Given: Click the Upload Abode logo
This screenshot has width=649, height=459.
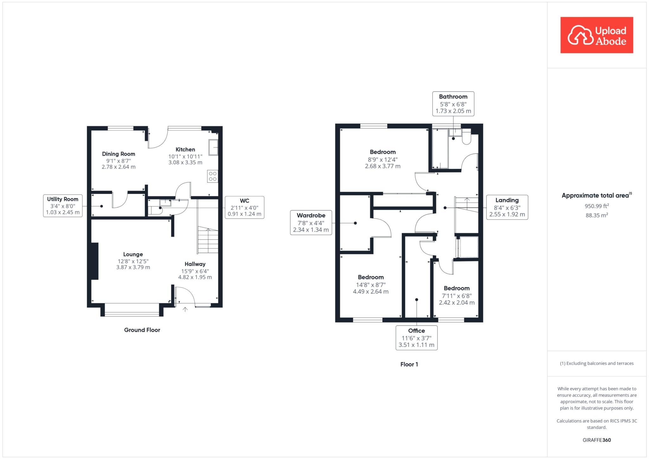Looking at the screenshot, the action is (x=597, y=35).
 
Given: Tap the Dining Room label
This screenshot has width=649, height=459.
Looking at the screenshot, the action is (x=119, y=154).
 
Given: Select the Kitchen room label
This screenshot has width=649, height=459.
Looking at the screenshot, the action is (x=185, y=150).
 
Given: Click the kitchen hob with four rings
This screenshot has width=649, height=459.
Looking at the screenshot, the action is (x=213, y=176).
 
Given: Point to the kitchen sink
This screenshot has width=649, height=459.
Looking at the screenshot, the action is (x=213, y=147).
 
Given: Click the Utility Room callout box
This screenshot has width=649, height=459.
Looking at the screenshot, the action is (x=63, y=206).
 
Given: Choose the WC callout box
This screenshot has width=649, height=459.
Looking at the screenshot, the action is (x=244, y=207).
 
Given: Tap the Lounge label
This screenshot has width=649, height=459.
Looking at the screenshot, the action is (x=133, y=254).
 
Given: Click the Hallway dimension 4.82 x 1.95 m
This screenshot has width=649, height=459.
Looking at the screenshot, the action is (x=195, y=277).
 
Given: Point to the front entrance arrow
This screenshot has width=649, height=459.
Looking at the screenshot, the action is (x=185, y=309).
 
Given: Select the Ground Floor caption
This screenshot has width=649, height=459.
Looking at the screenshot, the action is (x=142, y=330).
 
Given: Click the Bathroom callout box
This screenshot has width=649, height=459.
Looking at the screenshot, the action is (x=453, y=104).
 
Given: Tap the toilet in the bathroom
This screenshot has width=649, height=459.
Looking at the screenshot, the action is (x=466, y=138).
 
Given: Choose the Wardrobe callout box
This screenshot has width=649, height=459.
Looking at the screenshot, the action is (x=311, y=223).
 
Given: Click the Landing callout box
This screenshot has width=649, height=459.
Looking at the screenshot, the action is (x=507, y=207).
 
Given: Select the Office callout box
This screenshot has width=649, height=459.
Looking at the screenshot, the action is (x=416, y=338).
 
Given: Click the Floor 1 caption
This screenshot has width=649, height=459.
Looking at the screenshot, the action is (x=409, y=365).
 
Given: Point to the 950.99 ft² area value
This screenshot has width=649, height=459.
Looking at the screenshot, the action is (x=597, y=206).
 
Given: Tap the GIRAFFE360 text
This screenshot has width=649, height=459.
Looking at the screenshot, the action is (x=597, y=440).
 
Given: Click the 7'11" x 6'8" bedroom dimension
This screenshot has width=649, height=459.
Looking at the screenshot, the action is (x=457, y=296).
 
